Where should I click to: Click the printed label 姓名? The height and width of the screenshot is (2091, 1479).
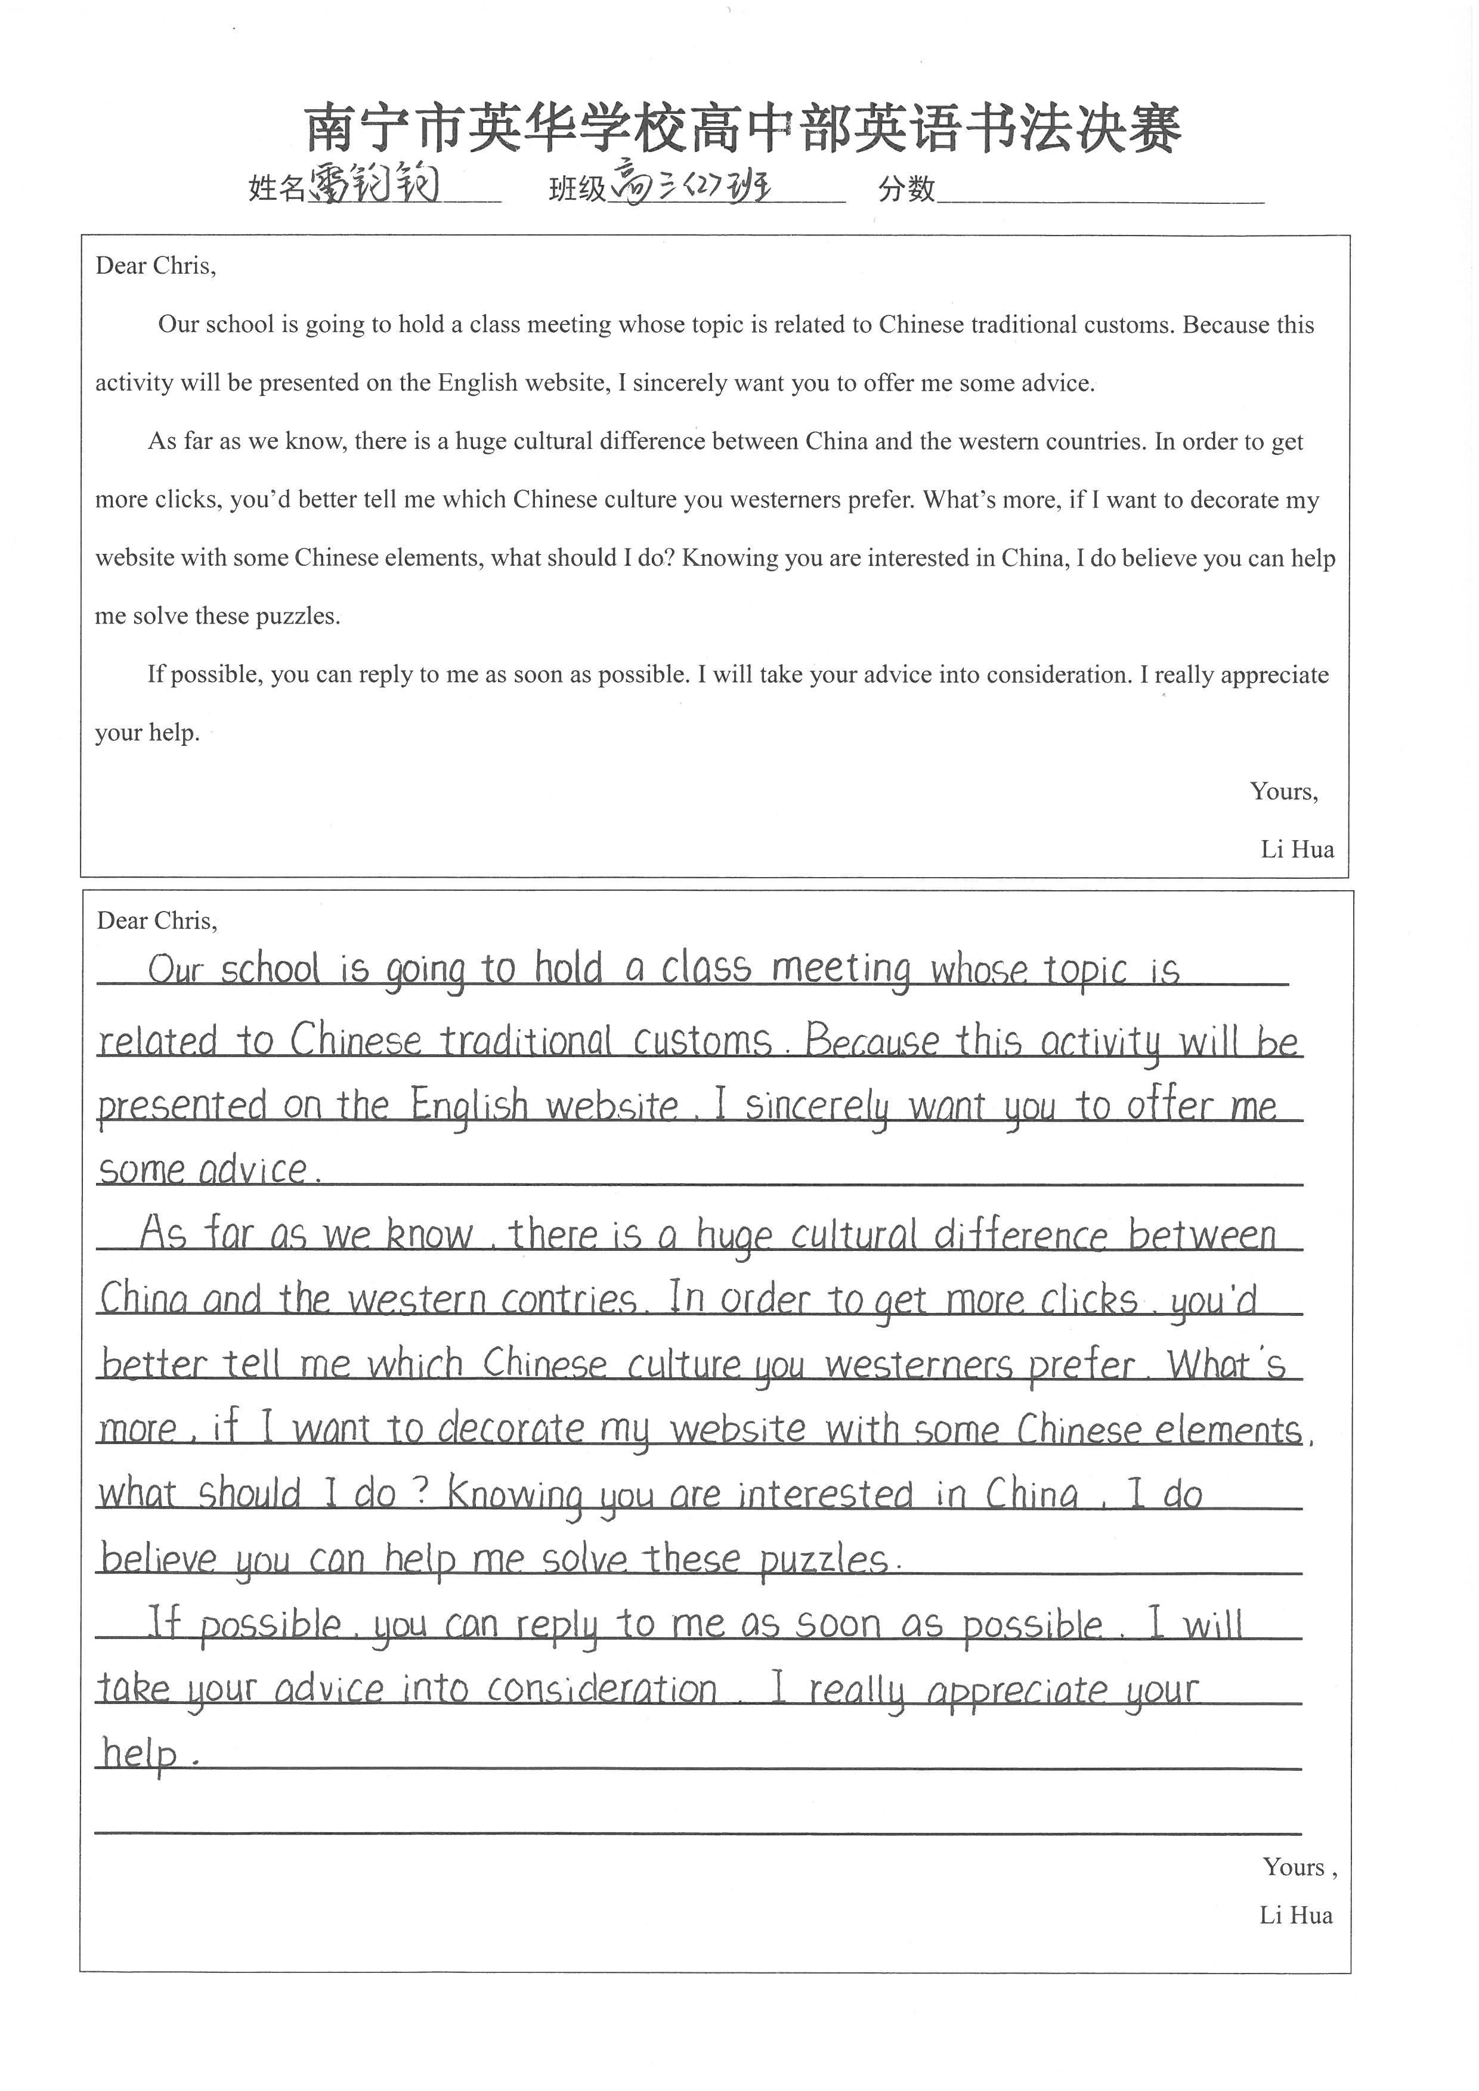(x=276, y=188)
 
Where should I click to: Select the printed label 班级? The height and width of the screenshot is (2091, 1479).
(x=577, y=188)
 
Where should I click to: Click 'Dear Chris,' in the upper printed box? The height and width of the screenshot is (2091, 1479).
(x=156, y=266)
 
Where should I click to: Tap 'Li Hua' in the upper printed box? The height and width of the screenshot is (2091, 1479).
(x=1297, y=850)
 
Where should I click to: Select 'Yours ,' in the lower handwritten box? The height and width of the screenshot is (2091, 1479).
(x=1299, y=1867)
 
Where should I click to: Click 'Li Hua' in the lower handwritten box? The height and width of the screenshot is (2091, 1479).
(x=1296, y=1915)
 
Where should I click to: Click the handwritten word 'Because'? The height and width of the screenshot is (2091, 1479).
(x=871, y=1041)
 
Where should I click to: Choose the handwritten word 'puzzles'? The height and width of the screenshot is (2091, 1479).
(x=823, y=1560)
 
